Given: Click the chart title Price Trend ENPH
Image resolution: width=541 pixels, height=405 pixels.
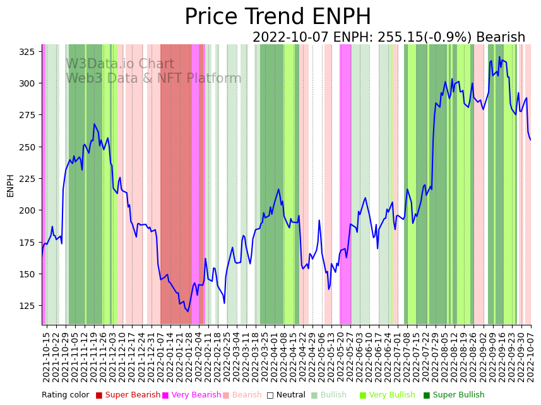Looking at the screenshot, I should (278, 17).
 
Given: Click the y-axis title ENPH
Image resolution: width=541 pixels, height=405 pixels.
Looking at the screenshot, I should (10, 185).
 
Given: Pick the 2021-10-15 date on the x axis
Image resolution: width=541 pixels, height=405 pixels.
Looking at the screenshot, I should (46, 357).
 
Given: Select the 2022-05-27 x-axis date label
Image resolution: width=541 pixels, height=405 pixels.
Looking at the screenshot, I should (346, 357).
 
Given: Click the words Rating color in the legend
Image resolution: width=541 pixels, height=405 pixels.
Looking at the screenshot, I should (66, 396).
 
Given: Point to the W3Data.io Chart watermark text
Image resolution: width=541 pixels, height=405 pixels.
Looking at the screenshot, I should (120, 64).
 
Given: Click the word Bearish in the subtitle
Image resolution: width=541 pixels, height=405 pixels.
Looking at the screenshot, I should (501, 37).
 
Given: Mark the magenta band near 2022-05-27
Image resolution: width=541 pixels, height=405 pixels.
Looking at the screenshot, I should (345, 183).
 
